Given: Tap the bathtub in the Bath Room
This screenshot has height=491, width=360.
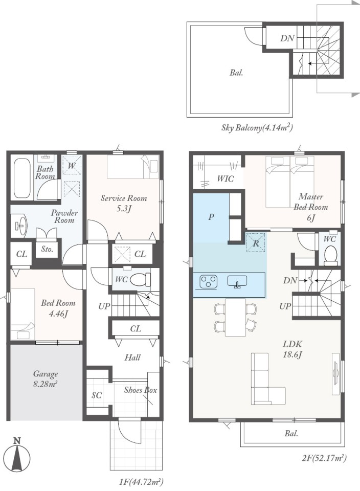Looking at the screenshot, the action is pyautogui.click(x=22, y=178).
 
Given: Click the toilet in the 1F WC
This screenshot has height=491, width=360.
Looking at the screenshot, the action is pyautogui.click(x=140, y=279).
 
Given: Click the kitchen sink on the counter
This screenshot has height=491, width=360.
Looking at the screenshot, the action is pyautogui.click(x=237, y=281).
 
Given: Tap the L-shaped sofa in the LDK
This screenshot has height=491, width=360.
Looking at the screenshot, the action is pyautogui.click(x=268, y=379).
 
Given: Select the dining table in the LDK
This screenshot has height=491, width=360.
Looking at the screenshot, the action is pyautogui.click(x=235, y=317).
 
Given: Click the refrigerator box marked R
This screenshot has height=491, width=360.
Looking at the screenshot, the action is pyautogui.click(x=256, y=242).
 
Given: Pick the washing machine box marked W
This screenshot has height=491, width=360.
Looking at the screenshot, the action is pyautogui.click(x=72, y=165).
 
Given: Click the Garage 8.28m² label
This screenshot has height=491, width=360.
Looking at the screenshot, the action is pyautogui.click(x=46, y=379).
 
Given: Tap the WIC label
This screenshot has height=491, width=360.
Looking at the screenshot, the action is pyautogui.click(x=226, y=178).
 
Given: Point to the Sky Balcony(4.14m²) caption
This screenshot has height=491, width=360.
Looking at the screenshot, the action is pyautogui.click(x=257, y=128).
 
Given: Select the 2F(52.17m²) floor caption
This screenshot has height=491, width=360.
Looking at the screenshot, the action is pyautogui.click(x=324, y=458).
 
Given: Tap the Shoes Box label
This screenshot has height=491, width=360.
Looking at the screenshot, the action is pyautogui.click(x=141, y=390).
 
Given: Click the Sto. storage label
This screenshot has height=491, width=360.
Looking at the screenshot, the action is pyautogui.click(x=47, y=249).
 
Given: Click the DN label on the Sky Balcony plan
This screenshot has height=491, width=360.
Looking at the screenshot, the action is pyautogui.click(x=287, y=38).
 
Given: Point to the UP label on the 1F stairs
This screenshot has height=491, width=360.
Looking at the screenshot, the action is pyautogui.click(x=104, y=306).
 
